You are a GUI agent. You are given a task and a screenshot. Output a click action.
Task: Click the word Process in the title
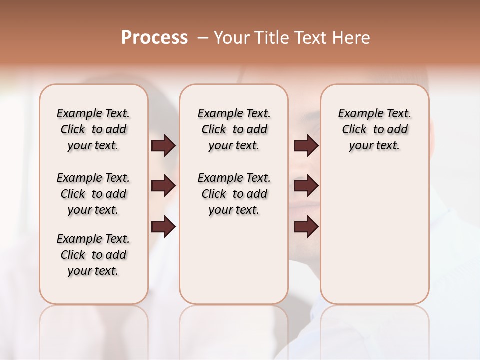154,38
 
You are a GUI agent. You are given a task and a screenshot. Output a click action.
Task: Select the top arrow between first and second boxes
163,145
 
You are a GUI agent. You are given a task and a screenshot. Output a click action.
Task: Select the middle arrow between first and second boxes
163,186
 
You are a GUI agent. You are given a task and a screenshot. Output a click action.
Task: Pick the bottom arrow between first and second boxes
163,227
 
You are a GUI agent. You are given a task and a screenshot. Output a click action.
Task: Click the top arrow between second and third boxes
306,145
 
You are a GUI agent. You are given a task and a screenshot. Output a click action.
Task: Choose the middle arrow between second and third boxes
306,186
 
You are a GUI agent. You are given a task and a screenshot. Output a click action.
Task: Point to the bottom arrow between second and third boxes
306,227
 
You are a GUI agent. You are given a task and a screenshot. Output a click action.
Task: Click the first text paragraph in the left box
93,129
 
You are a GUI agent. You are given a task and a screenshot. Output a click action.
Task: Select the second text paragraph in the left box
93,194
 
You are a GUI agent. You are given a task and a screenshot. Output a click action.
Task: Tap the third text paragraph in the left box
93,255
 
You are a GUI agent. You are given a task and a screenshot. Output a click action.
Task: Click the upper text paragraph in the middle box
234,129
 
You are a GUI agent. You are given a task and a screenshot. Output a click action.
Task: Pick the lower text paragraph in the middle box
234,194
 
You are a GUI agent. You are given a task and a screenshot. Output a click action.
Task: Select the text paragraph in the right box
374,129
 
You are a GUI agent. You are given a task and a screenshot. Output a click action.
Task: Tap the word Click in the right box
354,130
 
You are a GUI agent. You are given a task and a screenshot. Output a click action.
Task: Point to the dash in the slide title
203,38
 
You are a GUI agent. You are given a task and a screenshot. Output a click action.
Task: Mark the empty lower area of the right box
374,235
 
